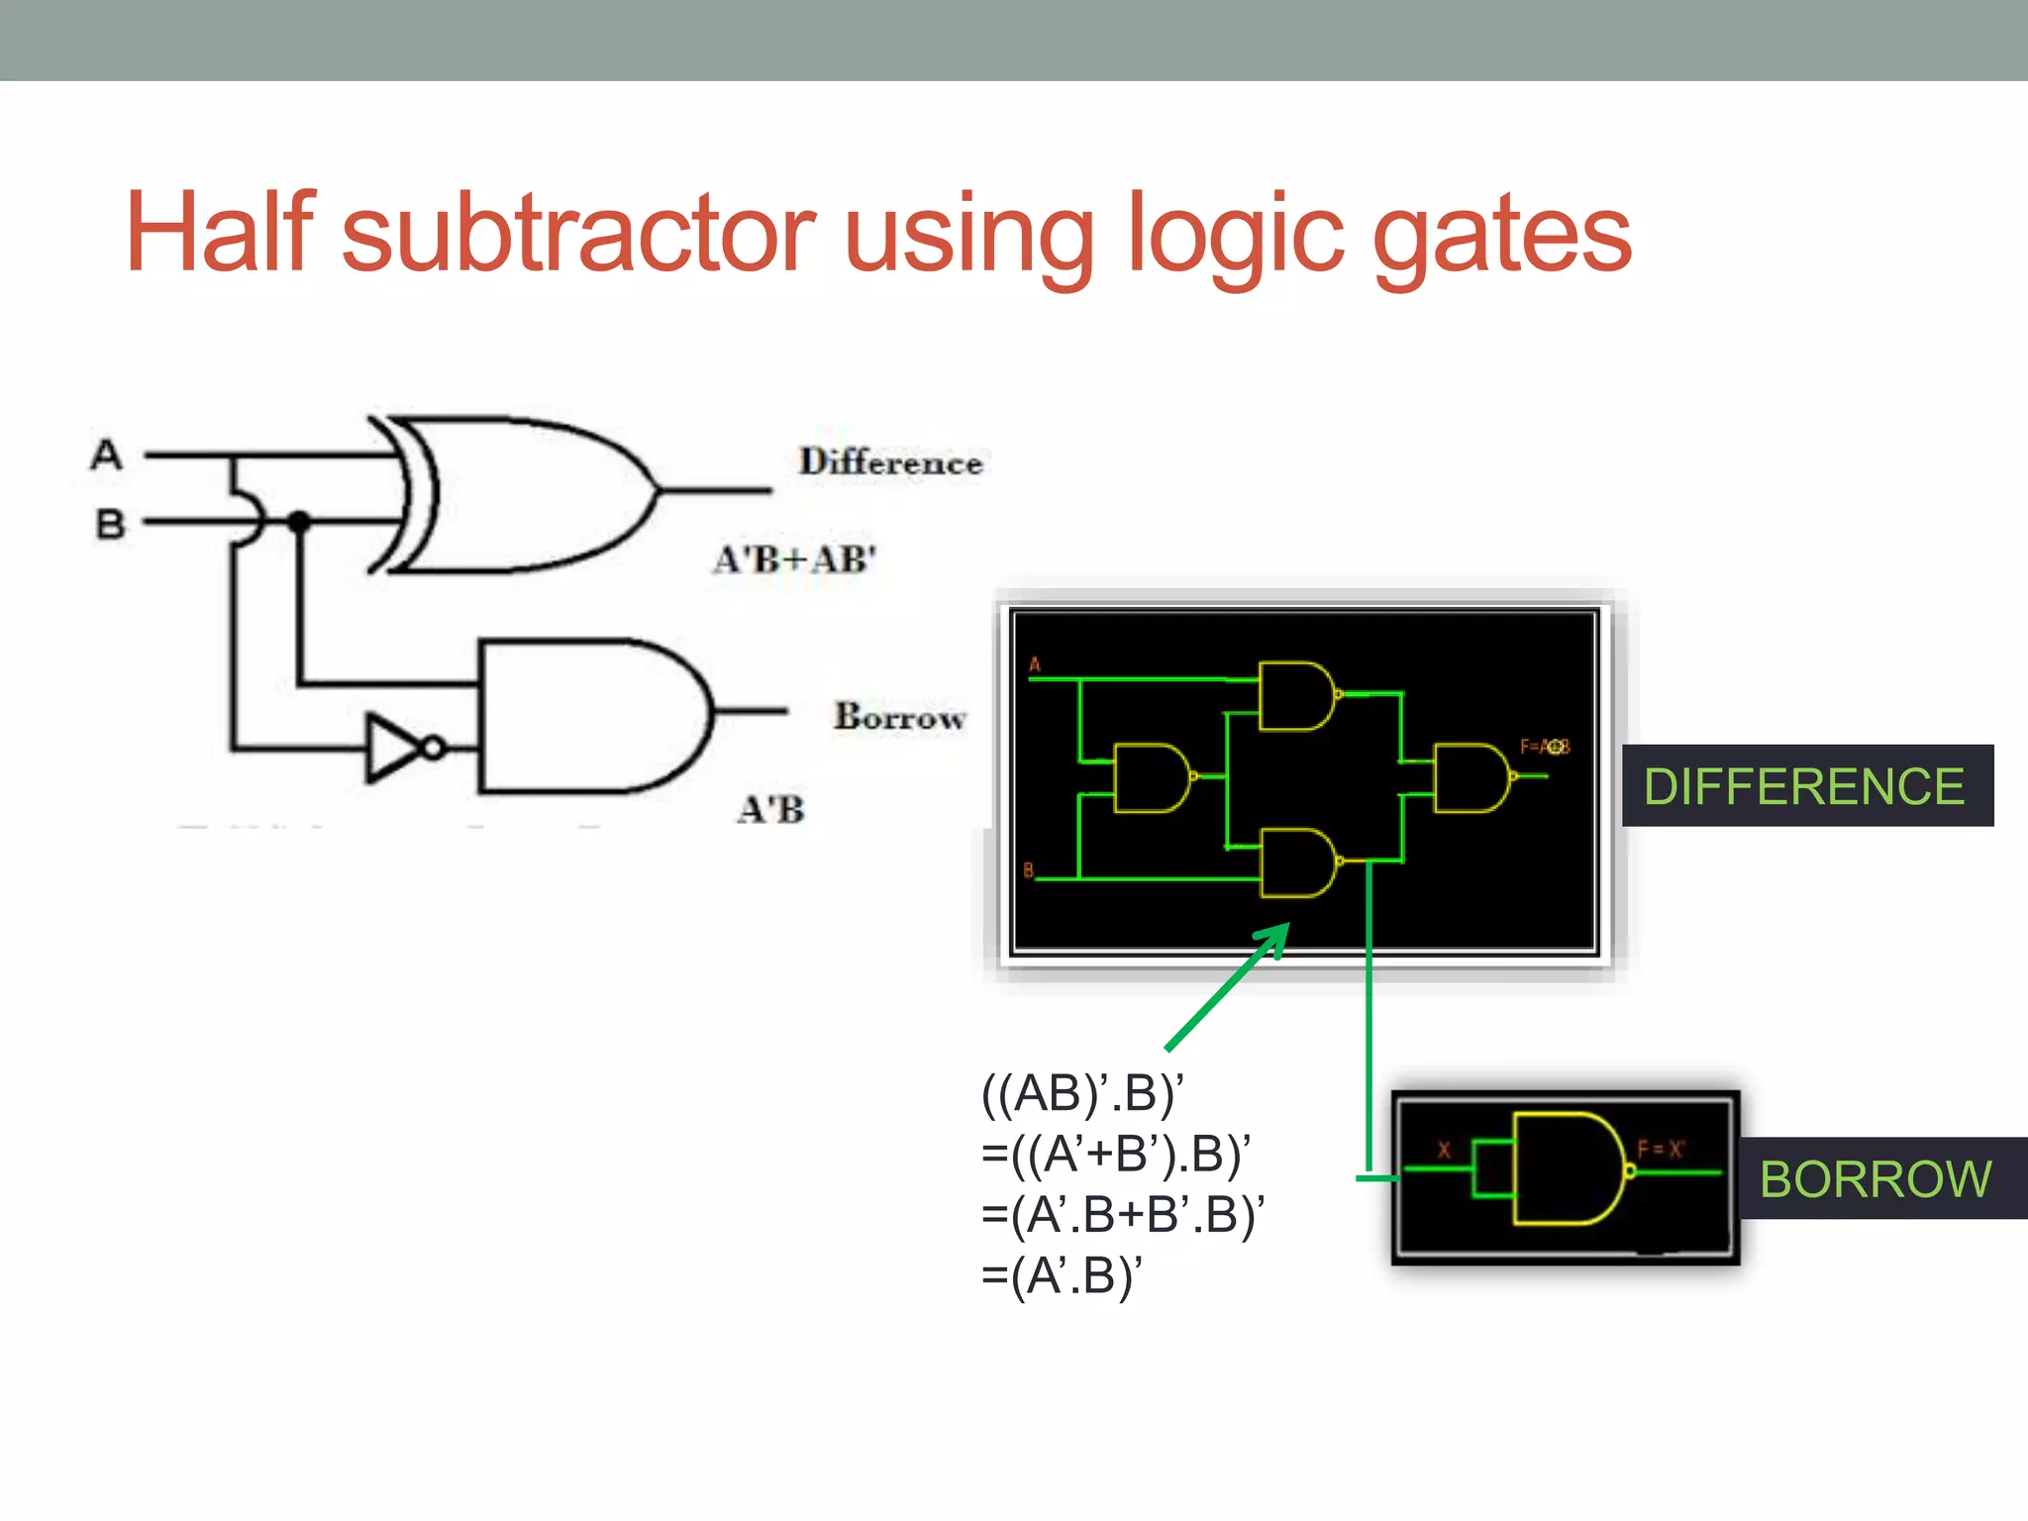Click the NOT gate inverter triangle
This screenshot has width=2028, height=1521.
tap(396, 748)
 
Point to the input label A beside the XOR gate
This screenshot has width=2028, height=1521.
tap(107, 456)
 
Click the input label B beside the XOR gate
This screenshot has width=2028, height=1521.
tap(110, 524)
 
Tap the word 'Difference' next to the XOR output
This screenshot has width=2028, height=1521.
tap(890, 462)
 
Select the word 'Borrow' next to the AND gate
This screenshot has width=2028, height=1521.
tap(899, 717)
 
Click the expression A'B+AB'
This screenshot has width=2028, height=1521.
tap(795, 560)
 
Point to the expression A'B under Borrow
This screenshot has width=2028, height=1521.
tap(771, 810)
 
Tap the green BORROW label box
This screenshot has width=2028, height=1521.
tap(1876, 1178)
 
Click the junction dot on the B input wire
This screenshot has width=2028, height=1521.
tap(299, 521)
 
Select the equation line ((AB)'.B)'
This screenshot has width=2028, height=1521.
tap(1082, 1094)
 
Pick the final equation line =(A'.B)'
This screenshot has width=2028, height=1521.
tap(1062, 1275)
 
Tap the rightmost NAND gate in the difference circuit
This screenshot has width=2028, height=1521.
tap(1471, 777)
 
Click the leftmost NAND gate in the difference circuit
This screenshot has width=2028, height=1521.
tap(1152, 777)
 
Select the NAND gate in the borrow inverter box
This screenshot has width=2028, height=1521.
tap(1569, 1169)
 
